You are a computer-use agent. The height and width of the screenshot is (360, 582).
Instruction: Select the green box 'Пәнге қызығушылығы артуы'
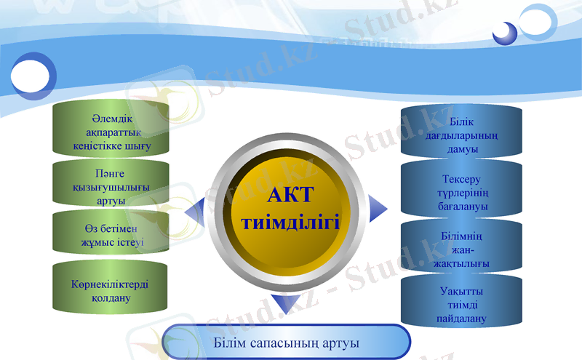(x=111, y=187)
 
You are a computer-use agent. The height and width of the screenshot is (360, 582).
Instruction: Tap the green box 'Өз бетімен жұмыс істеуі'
(x=111, y=234)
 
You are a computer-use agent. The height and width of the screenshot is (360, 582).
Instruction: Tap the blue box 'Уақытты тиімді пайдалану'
(x=461, y=304)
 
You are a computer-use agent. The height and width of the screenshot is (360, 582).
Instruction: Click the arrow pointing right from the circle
(x=376, y=208)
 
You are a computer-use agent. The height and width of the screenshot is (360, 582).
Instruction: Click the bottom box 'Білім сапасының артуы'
(x=287, y=342)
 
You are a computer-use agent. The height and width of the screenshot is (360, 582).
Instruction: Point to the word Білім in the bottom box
(x=230, y=342)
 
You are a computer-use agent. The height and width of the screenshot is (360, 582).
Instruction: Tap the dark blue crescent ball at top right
(x=505, y=33)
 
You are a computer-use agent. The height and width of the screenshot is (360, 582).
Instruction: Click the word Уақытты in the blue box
(x=461, y=291)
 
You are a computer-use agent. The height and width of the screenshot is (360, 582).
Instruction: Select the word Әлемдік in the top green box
(x=111, y=119)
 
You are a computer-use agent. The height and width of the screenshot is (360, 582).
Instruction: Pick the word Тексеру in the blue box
(x=461, y=179)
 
